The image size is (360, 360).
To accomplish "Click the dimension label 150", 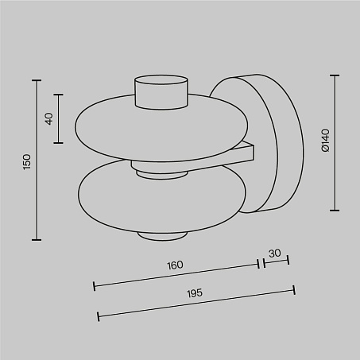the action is tap(27, 162).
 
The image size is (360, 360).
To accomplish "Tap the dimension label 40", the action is tap(49, 118).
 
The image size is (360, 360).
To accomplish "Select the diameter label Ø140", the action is tap(326, 141).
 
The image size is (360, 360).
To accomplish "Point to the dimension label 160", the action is tap(175, 265).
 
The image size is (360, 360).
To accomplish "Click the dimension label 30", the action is tap(275, 254).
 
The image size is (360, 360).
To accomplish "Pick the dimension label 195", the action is tap(195, 293).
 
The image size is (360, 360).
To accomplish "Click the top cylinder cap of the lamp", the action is tap(161, 92).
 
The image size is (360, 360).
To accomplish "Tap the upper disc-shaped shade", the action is tap(161, 127).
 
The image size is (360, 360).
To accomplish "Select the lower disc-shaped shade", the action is tap(162, 197).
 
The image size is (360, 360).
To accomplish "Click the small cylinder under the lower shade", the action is tap(162, 236).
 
